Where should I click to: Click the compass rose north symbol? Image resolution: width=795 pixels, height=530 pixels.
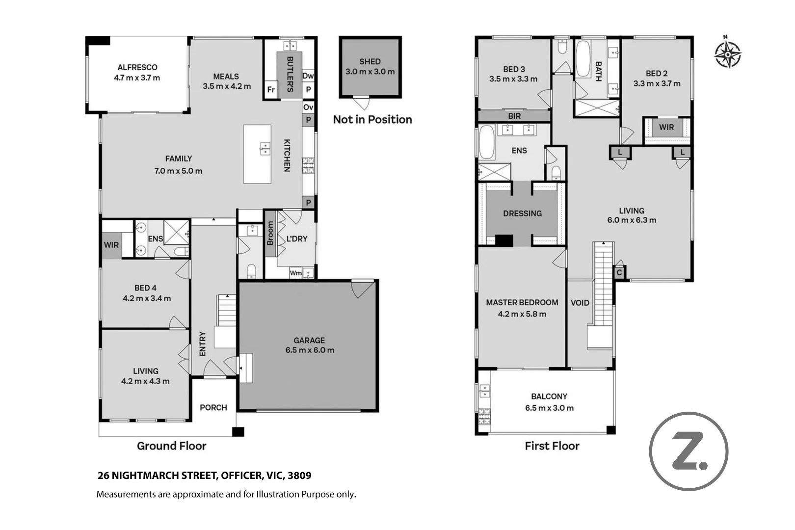click(x=727, y=53)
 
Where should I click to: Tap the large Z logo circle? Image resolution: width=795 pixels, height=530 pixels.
click(x=689, y=451)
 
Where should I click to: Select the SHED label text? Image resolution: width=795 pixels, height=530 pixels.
click(x=370, y=62)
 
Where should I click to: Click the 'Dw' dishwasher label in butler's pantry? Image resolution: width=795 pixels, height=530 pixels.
click(x=308, y=76)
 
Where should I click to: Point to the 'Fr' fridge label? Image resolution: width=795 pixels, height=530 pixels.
click(x=270, y=90)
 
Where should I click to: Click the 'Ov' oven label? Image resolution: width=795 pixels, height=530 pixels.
click(x=308, y=107)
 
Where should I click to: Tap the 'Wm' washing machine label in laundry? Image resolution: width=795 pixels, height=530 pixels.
click(x=295, y=273)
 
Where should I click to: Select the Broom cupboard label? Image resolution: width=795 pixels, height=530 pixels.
click(x=270, y=234)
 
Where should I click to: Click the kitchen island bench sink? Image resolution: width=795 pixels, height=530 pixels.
click(x=265, y=147)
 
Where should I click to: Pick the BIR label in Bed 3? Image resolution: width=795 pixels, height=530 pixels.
click(x=514, y=116)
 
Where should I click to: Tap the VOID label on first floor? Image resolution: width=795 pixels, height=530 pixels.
click(x=580, y=303)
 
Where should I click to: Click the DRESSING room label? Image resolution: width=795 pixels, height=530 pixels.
click(x=522, y=213)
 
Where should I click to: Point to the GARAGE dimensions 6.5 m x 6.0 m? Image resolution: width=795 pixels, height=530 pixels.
click(x=310, y=350)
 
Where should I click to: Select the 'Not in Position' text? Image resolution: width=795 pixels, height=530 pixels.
click(x=372, y=120)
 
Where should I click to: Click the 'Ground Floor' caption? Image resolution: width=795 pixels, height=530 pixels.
click(x=171, y=446)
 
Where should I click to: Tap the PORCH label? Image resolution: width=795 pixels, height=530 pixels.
click(x=213, y=407)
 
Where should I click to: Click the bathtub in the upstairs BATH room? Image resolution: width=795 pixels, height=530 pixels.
click(x=583, y=59)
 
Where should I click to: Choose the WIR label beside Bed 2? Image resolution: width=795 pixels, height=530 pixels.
click(x=666, y=128)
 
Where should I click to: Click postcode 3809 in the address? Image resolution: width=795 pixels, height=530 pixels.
click(x=299, y=476)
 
